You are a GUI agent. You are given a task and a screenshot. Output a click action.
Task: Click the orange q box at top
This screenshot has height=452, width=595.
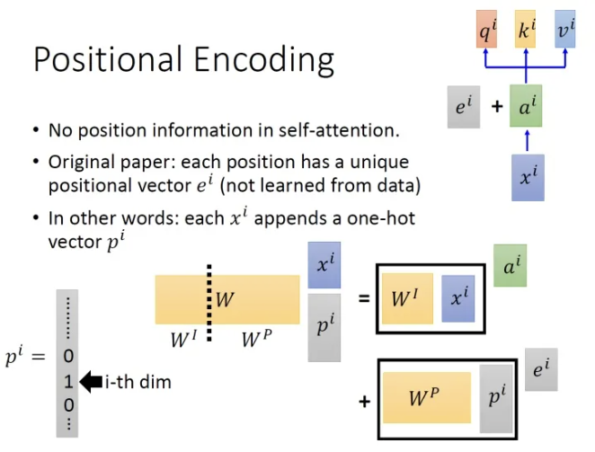pos(486,30)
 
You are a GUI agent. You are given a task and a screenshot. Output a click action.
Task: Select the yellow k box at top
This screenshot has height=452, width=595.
pos(525,30)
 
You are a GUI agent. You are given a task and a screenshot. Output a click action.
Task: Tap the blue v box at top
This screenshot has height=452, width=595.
pos(565,30)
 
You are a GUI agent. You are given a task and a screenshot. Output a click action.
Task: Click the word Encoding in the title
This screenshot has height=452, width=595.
pos(264,60)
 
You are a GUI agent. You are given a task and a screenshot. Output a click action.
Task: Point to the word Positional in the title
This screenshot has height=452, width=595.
pos(107,59)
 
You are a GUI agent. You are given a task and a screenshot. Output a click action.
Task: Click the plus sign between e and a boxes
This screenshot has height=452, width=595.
pos(497,106)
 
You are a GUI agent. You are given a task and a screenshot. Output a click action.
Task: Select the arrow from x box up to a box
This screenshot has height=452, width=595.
pos(527,140)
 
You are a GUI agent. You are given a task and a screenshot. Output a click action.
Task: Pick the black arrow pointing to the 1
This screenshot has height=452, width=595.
pos(91,382)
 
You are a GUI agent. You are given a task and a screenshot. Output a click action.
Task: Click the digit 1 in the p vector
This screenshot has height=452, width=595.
pos(68,381)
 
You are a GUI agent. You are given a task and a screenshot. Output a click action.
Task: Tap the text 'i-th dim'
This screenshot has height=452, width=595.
pos(138,382)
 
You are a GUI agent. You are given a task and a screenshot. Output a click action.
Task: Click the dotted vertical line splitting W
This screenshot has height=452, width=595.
pos(209,303)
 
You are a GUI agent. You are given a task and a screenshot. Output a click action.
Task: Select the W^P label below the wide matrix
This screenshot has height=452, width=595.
pos(257,339)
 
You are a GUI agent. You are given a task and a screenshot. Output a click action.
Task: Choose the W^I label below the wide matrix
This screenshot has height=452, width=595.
pos(184,339)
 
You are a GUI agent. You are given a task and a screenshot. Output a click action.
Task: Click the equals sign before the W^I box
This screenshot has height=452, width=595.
pos(364,298)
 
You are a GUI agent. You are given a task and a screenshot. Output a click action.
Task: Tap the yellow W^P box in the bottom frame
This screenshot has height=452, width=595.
pos(427,397)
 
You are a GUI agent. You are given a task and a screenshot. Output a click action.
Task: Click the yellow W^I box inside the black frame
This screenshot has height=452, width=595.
pos(407,298)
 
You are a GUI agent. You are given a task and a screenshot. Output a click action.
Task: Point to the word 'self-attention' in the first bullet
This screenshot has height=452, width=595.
pos(339,130)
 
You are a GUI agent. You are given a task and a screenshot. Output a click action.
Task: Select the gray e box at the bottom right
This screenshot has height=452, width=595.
pos(541,369)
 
